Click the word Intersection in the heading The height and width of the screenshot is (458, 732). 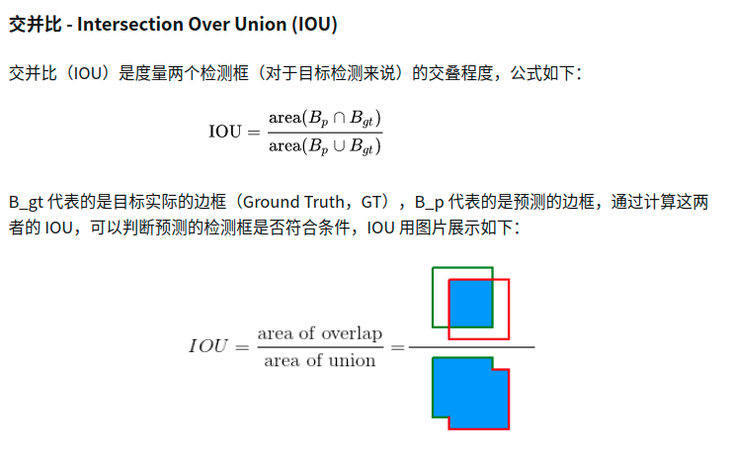click(x=128, y=25)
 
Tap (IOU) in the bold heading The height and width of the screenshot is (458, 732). click(x=315, y=25)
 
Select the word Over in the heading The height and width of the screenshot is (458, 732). click(x=207, y=25)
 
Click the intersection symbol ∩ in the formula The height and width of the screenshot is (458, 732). click(x=339, y=118)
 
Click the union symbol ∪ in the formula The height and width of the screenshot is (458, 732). click(x=339, y=145)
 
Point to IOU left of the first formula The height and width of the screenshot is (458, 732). click(x=225, y=132)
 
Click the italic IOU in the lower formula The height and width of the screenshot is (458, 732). click(x=208, y=346)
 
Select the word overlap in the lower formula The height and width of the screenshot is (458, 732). click(x=352, y=333)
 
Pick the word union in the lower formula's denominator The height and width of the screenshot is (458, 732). click(x=352, y=361)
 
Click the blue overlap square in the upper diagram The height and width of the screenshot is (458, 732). click(x=470, y=304)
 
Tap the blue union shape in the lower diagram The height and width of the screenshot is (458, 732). click(x=470, y=393)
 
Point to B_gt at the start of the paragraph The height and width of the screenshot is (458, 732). click(x=26, y=203)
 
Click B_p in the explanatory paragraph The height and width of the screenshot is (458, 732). click(x=429, y=203)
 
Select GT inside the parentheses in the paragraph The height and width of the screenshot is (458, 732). click(x=371, y=203)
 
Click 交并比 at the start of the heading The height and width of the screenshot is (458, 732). click(x=35, y=25)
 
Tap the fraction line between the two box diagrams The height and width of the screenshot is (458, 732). click(x=471, y=347)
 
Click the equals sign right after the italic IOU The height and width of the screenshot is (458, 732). click(x=242, y=348)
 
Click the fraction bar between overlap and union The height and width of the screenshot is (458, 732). click(x=320, y=347)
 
